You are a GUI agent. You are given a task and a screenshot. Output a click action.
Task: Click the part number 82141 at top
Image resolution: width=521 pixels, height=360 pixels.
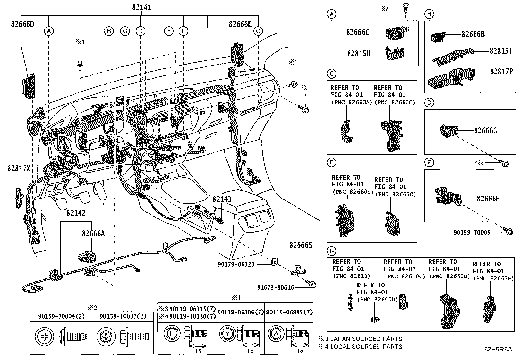click(x=142, y=8)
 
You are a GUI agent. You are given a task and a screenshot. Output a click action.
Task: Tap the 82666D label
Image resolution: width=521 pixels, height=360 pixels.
click(x=23, y=24)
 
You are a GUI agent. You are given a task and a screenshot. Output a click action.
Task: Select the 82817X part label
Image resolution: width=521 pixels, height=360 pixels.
click(x=19, y=168)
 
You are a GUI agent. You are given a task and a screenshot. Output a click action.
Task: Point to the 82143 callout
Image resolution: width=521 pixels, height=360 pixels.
click(x=222, y=199)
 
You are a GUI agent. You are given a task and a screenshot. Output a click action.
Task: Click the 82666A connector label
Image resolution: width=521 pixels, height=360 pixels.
click(x=94, y=233)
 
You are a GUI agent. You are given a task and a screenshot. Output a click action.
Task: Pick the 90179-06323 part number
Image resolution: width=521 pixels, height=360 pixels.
click(x=236, y=264)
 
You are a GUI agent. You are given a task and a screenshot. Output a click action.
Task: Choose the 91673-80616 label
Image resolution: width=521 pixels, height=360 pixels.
click(x=276, y=288)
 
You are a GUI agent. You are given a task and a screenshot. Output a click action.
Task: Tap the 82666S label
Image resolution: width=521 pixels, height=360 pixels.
click(x=301, y=245)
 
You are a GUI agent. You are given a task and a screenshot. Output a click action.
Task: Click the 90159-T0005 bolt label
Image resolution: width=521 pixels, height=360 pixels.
click(x=472, y=232)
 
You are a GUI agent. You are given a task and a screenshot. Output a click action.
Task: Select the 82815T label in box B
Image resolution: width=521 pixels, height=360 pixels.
click(x=501, y=51)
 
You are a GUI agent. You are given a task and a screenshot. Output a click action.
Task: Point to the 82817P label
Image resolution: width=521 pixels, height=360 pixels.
click(x=501, y=71)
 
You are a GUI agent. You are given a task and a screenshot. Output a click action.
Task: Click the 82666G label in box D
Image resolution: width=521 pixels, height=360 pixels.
click(x=485, y=131)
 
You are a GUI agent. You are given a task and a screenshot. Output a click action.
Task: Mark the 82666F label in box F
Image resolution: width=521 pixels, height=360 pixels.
click(x=488, y=199)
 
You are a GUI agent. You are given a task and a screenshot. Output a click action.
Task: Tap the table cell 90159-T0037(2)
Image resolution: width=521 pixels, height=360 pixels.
click(x=123, y=316)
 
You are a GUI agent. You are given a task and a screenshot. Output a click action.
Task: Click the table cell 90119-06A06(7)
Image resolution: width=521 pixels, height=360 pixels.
click(x=241, y=312)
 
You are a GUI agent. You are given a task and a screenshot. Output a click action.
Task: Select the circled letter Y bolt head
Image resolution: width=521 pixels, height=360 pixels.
click(x=227, y=334)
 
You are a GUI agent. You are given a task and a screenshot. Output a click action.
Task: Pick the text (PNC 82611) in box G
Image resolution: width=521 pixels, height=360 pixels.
click(x=352, y=276)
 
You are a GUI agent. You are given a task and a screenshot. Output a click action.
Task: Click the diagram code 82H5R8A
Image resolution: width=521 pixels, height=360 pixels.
click(x=498, y=349)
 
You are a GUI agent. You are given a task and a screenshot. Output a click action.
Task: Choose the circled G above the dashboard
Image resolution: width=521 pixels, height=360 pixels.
click(x=258, y=31)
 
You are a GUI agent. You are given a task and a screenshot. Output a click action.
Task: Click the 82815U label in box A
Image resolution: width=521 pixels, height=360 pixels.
click(x=359, y=54)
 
